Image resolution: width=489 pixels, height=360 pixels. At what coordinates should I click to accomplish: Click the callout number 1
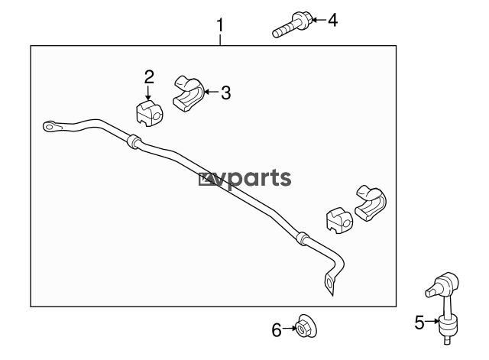(220, 25)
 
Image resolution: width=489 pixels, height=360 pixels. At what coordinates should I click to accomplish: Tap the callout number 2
(149, 77)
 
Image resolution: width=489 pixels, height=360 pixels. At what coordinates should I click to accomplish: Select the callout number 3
(226, 92)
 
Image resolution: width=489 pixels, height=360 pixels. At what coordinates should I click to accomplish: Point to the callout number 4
(333, 21)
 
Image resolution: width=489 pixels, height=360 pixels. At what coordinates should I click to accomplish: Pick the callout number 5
(419, 323)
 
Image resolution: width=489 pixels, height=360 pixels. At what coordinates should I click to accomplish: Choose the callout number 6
(277, 330)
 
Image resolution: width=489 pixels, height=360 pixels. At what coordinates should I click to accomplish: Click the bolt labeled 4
(293, 24)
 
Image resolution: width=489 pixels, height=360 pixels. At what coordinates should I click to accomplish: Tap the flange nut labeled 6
(306, 326)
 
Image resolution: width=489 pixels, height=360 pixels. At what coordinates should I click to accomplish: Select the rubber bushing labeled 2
(150, 113)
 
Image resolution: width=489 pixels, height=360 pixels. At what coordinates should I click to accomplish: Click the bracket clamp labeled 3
(188, 93)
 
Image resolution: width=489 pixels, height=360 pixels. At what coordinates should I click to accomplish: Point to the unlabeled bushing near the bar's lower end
(339, 221)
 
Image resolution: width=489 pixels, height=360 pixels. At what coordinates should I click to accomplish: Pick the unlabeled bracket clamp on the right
(371, 204)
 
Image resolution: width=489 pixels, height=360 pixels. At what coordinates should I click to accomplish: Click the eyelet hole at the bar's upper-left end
(49, 126)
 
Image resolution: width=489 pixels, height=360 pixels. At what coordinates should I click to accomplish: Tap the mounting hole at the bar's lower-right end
(329, 284)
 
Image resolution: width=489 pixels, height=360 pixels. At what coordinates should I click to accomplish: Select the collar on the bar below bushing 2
(134, 141)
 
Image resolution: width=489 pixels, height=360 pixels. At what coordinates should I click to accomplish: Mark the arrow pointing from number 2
(148, 92)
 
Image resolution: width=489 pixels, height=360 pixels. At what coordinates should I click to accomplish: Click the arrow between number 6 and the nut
(290, 328)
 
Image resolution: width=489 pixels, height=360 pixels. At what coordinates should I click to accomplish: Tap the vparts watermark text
(245, 179)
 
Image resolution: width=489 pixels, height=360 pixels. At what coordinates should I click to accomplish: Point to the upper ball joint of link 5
(442, 284)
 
